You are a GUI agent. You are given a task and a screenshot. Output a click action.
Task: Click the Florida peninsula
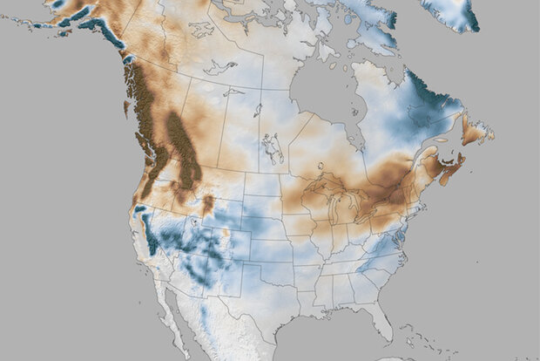point(381,324)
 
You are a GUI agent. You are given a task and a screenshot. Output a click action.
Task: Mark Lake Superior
point(327,184)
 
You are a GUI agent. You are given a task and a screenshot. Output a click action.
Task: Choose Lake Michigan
point(336,210)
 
